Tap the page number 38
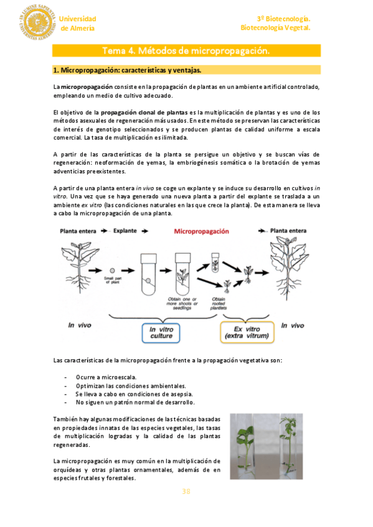(186, 492)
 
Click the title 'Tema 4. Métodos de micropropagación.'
(186, 50)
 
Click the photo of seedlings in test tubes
(266, 446)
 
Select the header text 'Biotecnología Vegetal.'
(275, 28)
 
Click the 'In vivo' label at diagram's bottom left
(80, 325)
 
